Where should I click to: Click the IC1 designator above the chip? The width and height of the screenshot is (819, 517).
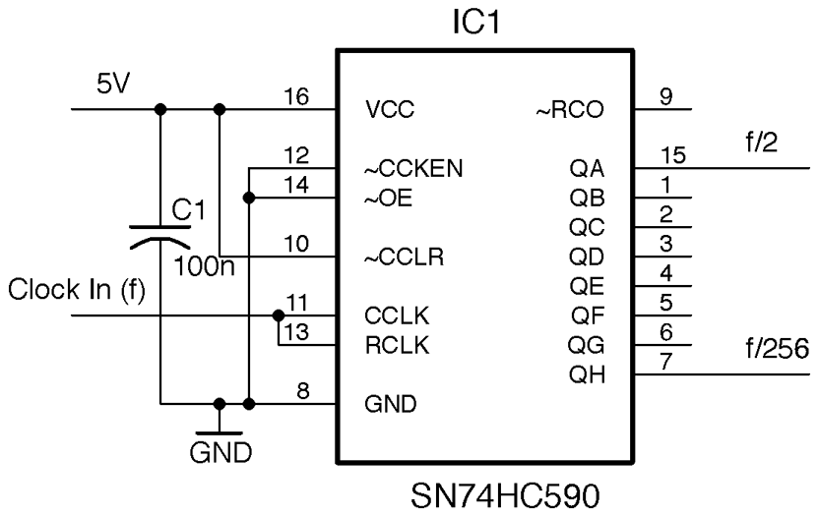click(x=477, y=21)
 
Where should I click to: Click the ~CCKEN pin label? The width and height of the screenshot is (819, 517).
click(x=413, y=169)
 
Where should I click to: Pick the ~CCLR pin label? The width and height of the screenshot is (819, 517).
click(x=404, y=258)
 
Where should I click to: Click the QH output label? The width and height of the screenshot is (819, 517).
click(x=588, y=374)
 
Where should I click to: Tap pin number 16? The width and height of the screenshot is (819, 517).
click(x=296, y=97)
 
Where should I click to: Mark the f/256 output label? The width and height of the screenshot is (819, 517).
click(x=777, y=348)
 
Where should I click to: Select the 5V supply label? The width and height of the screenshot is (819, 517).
click(x=111, y=84)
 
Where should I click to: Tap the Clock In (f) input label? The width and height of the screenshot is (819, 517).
click(x=76, y=289)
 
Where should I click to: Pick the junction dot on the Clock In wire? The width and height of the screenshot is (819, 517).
click(x=278, y=316)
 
